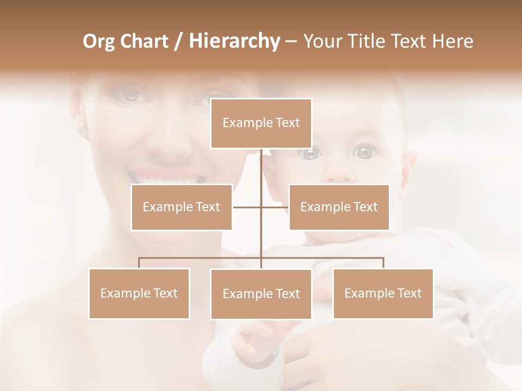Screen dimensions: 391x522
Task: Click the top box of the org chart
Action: point(261,123)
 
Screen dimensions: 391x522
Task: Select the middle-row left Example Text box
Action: point(182,207)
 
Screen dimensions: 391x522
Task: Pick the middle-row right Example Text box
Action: point(339,207)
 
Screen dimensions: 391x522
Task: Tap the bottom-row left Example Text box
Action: point(139,293)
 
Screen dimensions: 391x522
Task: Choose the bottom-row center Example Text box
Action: point(261,294)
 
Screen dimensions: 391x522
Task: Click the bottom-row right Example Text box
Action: point(383,293)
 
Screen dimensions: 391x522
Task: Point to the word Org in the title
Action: point(99,41)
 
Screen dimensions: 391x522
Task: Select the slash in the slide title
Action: point(179,41)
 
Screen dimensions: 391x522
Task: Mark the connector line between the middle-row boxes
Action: point(247,207)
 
